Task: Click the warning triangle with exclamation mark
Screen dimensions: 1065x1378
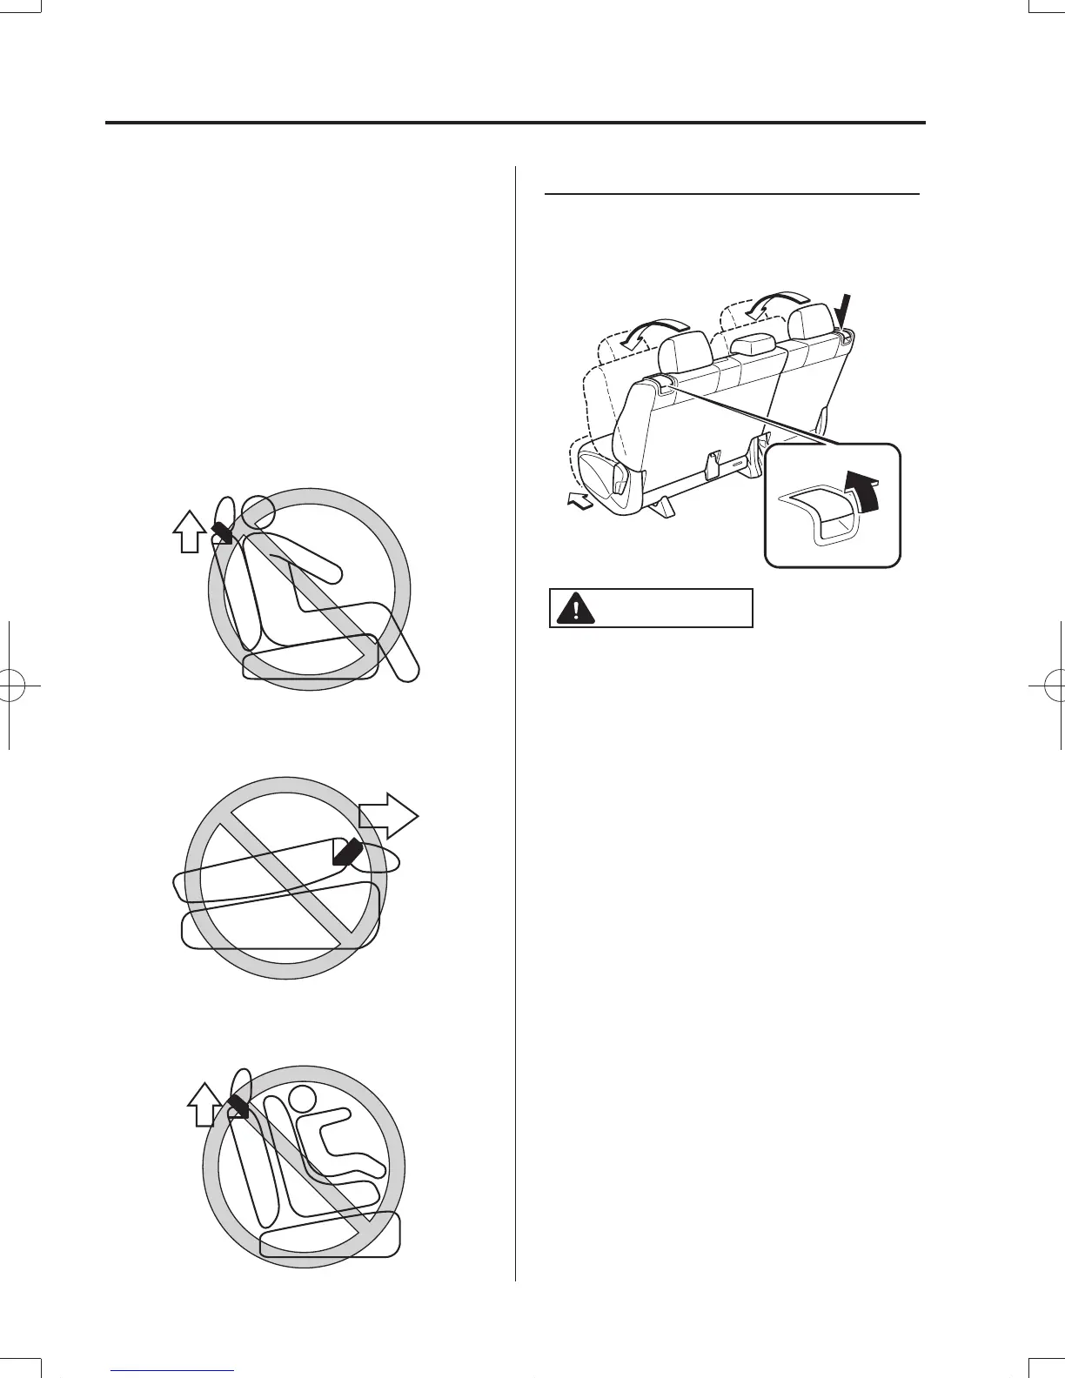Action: point(572,608)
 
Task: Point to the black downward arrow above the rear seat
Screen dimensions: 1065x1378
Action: point(846,315)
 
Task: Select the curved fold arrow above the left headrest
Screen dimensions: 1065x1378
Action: point(644,331)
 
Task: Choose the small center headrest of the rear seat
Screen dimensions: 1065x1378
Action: point(754,344)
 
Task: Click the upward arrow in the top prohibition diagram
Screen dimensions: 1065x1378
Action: point(187,531)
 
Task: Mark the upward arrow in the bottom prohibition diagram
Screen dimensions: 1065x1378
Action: point(202,1105)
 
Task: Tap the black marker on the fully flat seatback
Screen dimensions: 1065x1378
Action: point(352,852)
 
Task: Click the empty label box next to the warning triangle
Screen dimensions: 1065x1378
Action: point(672,608)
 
